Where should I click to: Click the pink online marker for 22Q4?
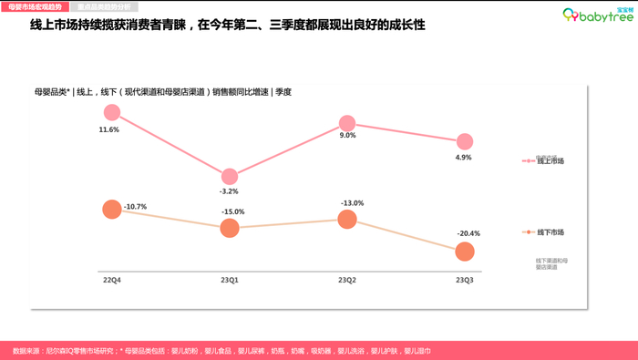(112, 113)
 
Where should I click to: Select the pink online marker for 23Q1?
(230, 177)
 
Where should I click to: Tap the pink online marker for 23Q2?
(347, 124)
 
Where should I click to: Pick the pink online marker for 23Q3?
(465, 141)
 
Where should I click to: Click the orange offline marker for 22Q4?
(112, 209)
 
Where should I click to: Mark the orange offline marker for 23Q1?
(230, 228)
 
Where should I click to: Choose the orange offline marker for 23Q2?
(347, 219)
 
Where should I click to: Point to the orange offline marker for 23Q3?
(465, 251)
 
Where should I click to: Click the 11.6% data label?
(109, 130)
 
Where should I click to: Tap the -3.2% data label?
(229, 191)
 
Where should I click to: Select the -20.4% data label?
(468, 233)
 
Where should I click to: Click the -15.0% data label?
(233, 211)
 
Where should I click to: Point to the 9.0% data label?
(347, 136)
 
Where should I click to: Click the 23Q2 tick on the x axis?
(347, 280)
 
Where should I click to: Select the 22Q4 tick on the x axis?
(111, 280)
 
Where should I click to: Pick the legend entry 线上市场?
(550, 161)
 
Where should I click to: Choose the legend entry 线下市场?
(550, 232)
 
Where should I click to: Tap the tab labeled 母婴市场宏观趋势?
(35, 5)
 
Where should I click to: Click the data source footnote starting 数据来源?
(222, 350)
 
